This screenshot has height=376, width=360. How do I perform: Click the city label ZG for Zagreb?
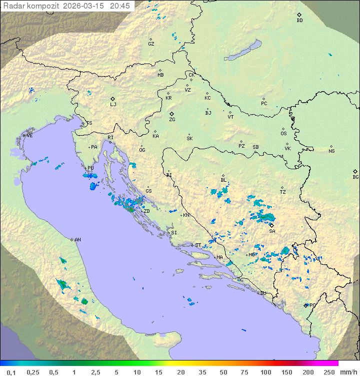[x=172, y=120]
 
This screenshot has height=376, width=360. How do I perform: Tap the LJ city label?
[x=113, y=105]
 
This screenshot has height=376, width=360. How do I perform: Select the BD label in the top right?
[x=299, y=21]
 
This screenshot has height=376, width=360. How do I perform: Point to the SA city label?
[x=272, y=231]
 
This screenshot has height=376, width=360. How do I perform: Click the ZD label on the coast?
[x=146, y=211]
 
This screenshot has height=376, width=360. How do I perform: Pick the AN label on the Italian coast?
[x=77, y=240]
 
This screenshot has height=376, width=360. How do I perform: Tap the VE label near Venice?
[x=29, y=136]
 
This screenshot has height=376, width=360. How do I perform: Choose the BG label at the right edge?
[x=355, y=177]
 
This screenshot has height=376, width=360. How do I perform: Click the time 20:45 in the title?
[x=120, y=6]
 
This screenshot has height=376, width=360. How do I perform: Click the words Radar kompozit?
[x=31, y=6]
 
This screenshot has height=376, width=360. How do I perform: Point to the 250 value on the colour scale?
[x=329, y=372]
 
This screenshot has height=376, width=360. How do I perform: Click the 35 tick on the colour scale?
[x=202, y=372]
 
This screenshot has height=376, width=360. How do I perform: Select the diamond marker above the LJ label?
[x=113, y=99]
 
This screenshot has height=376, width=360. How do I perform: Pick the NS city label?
[x=331, y=151]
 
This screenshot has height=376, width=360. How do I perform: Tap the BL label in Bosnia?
[x=223, y=180]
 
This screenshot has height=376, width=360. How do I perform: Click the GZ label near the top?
[x=151, y=44]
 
